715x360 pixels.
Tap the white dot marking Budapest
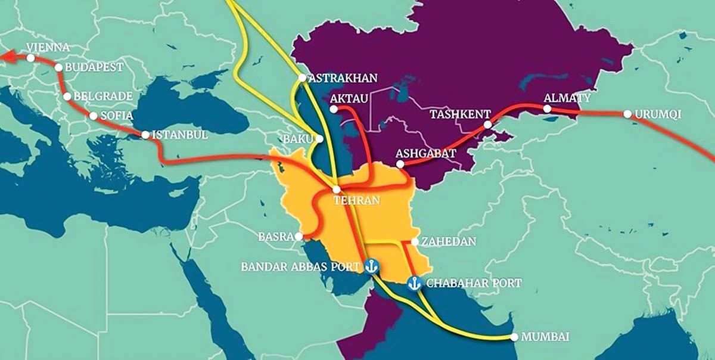[58, 67]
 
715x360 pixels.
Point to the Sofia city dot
[93, 116]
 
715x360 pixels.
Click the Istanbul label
[181, 135]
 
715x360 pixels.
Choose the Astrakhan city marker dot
[302, 77]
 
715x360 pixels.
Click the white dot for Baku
[320, 138]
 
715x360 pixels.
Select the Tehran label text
[356, 200]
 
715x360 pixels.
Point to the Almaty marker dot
[547, 108]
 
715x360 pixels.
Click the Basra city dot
[299, 236]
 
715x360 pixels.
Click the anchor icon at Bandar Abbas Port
[371, 266]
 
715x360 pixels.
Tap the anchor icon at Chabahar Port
[414, 283]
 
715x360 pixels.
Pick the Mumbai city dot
[514, 337]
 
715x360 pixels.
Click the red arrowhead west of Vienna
[6, 56]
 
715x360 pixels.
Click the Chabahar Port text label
[474, 283]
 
